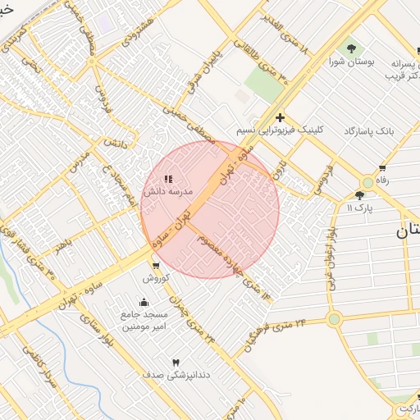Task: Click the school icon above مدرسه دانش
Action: tap(169, 179)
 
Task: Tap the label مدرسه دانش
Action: tap(168, 191)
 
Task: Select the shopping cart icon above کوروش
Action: tap(156, 266)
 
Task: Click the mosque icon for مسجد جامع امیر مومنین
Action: tap(145, 302)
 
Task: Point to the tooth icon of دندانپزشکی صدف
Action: tap(175, 363)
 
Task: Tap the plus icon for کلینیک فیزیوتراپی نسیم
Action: tap(281, 118)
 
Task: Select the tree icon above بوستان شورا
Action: tap(352, 48)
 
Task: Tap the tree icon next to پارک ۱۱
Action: tap(359, 195)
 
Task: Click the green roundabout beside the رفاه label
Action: tap(367, 182)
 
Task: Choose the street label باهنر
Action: tap(61, 244)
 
